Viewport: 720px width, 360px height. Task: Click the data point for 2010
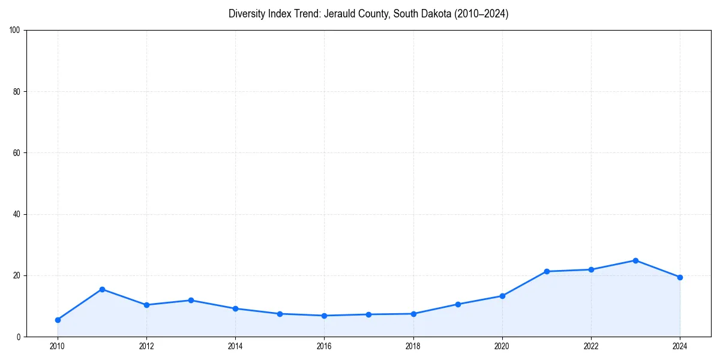[58, 320]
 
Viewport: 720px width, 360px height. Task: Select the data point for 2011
[102, 289]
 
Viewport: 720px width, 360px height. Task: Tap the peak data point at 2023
[635, 260]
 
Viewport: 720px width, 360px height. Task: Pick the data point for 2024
[680, 277]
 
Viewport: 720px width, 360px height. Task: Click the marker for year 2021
[547, 271]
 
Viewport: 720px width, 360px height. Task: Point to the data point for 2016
[324, 316]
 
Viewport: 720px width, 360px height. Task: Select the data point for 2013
[191, 300]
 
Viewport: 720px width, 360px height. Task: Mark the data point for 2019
[458, 304]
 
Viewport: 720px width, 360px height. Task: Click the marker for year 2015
[280, 314]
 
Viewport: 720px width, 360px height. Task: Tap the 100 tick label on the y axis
[15, 31]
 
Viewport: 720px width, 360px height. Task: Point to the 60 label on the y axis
[17, 153]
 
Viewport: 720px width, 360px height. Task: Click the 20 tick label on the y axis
[17, 275]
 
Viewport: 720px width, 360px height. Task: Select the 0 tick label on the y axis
[19, 337]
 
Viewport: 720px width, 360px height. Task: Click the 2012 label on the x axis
[146, 346]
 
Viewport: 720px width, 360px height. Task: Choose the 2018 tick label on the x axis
[413, 346]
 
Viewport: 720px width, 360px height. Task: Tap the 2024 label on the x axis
[680, 346]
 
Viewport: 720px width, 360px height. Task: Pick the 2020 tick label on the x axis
[502, 346]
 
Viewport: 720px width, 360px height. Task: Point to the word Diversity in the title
[248, 14]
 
